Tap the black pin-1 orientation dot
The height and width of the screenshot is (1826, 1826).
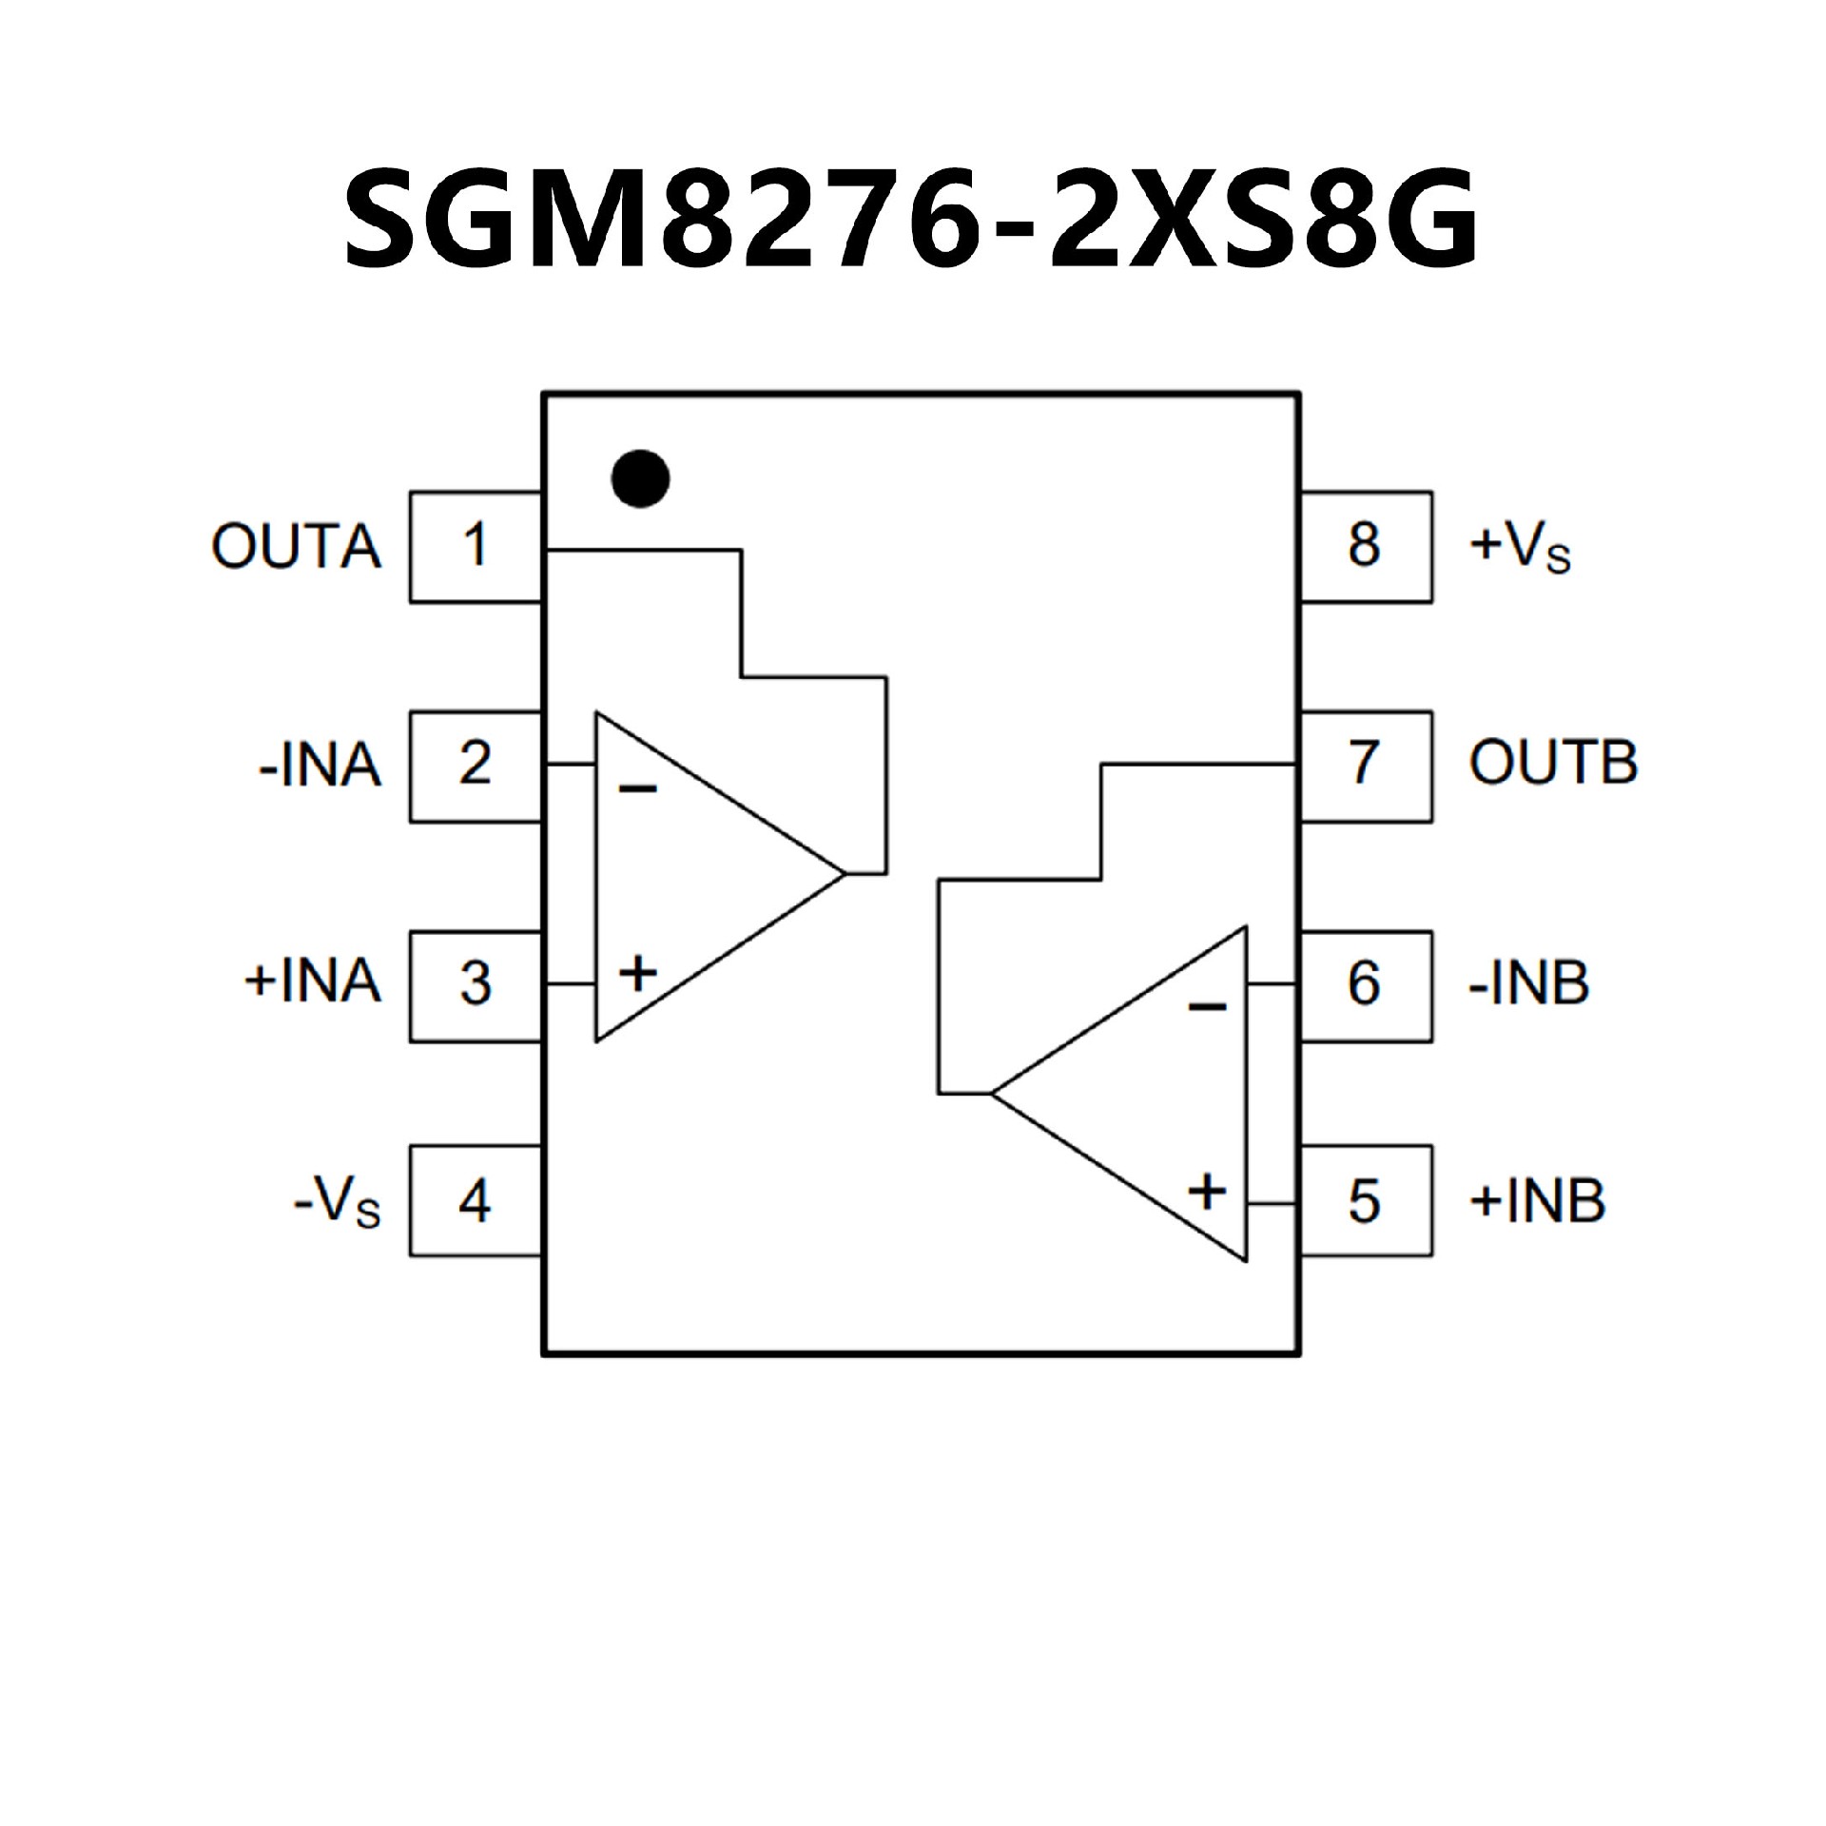[x=640, y=477]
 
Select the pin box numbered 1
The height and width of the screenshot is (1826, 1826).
[x=476, y=547]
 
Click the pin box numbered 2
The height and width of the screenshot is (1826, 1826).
[x=476, y=766]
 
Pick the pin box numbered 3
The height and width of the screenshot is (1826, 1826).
[x=476, y=985]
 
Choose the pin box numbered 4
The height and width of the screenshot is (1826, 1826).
[x=476, y=1201]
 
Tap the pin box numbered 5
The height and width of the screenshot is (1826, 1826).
[x=1365, y=1201]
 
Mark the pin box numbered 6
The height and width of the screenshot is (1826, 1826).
[x=1365, y=985]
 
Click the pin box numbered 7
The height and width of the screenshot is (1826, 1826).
[x=1365, y=766]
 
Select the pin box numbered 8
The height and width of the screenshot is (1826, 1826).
[x=1365, y=547]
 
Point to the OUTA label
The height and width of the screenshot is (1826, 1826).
[x=297, y=547]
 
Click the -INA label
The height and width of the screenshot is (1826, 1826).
[x=320, y=766]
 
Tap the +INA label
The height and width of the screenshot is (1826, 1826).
[x=313, y=982]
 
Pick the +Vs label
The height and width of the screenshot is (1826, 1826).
[x=1520, y=549]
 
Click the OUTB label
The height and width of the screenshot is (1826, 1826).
[x=1553, y=764]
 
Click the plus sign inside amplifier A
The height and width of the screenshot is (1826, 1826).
[x=637, y=973]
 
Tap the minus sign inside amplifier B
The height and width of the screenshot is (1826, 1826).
[x=1207, y=1007]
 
